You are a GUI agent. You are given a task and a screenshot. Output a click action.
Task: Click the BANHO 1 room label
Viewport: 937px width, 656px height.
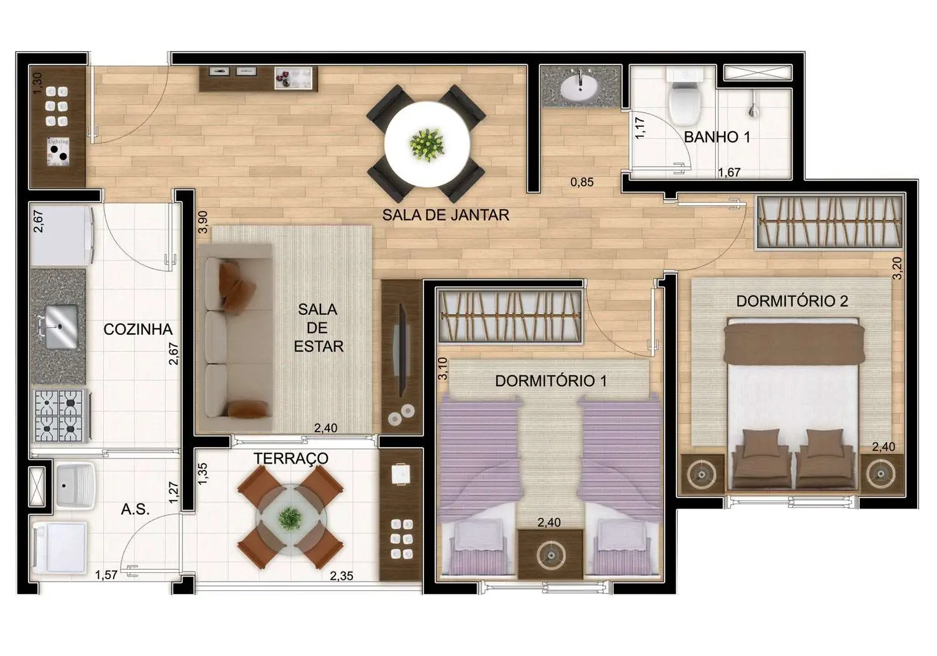[x=716, y=137]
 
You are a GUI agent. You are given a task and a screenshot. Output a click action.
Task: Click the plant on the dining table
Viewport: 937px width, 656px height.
[x=427, y=144]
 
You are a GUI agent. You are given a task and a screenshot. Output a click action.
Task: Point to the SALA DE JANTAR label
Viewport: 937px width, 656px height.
[x=445, y=215]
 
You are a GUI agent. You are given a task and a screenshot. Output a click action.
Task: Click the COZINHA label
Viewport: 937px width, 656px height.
[x=137, y=329]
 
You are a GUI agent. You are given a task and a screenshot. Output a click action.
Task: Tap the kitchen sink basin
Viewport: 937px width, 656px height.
[x=61, y=327]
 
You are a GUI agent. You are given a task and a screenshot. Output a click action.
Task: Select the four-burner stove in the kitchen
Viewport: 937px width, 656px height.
[x=60, y=415]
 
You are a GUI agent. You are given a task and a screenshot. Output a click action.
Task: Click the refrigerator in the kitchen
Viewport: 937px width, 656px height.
[x=61, y=236]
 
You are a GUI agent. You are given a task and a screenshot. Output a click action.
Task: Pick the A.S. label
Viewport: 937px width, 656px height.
[x=135, y=509]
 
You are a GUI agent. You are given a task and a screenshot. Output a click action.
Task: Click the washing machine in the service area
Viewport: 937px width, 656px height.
[x=59, y=547]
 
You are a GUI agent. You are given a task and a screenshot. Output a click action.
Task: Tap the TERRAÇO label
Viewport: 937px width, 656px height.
[x=290, y=458]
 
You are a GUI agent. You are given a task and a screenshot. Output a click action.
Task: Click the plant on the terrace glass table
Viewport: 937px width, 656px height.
[x=289, y=519]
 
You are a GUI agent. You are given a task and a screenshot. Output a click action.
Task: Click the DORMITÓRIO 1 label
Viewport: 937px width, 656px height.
[x=550, y=380]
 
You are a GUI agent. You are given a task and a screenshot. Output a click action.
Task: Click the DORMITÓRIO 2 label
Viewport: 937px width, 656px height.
[x=791, y=301]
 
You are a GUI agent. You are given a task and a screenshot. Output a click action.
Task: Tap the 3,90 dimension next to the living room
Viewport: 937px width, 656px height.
[x=202, y=222]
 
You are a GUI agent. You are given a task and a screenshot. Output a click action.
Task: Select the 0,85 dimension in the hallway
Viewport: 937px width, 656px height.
[x=582, y=182]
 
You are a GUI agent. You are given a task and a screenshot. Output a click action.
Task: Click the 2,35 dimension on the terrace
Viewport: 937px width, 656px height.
[x=342, y=576]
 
